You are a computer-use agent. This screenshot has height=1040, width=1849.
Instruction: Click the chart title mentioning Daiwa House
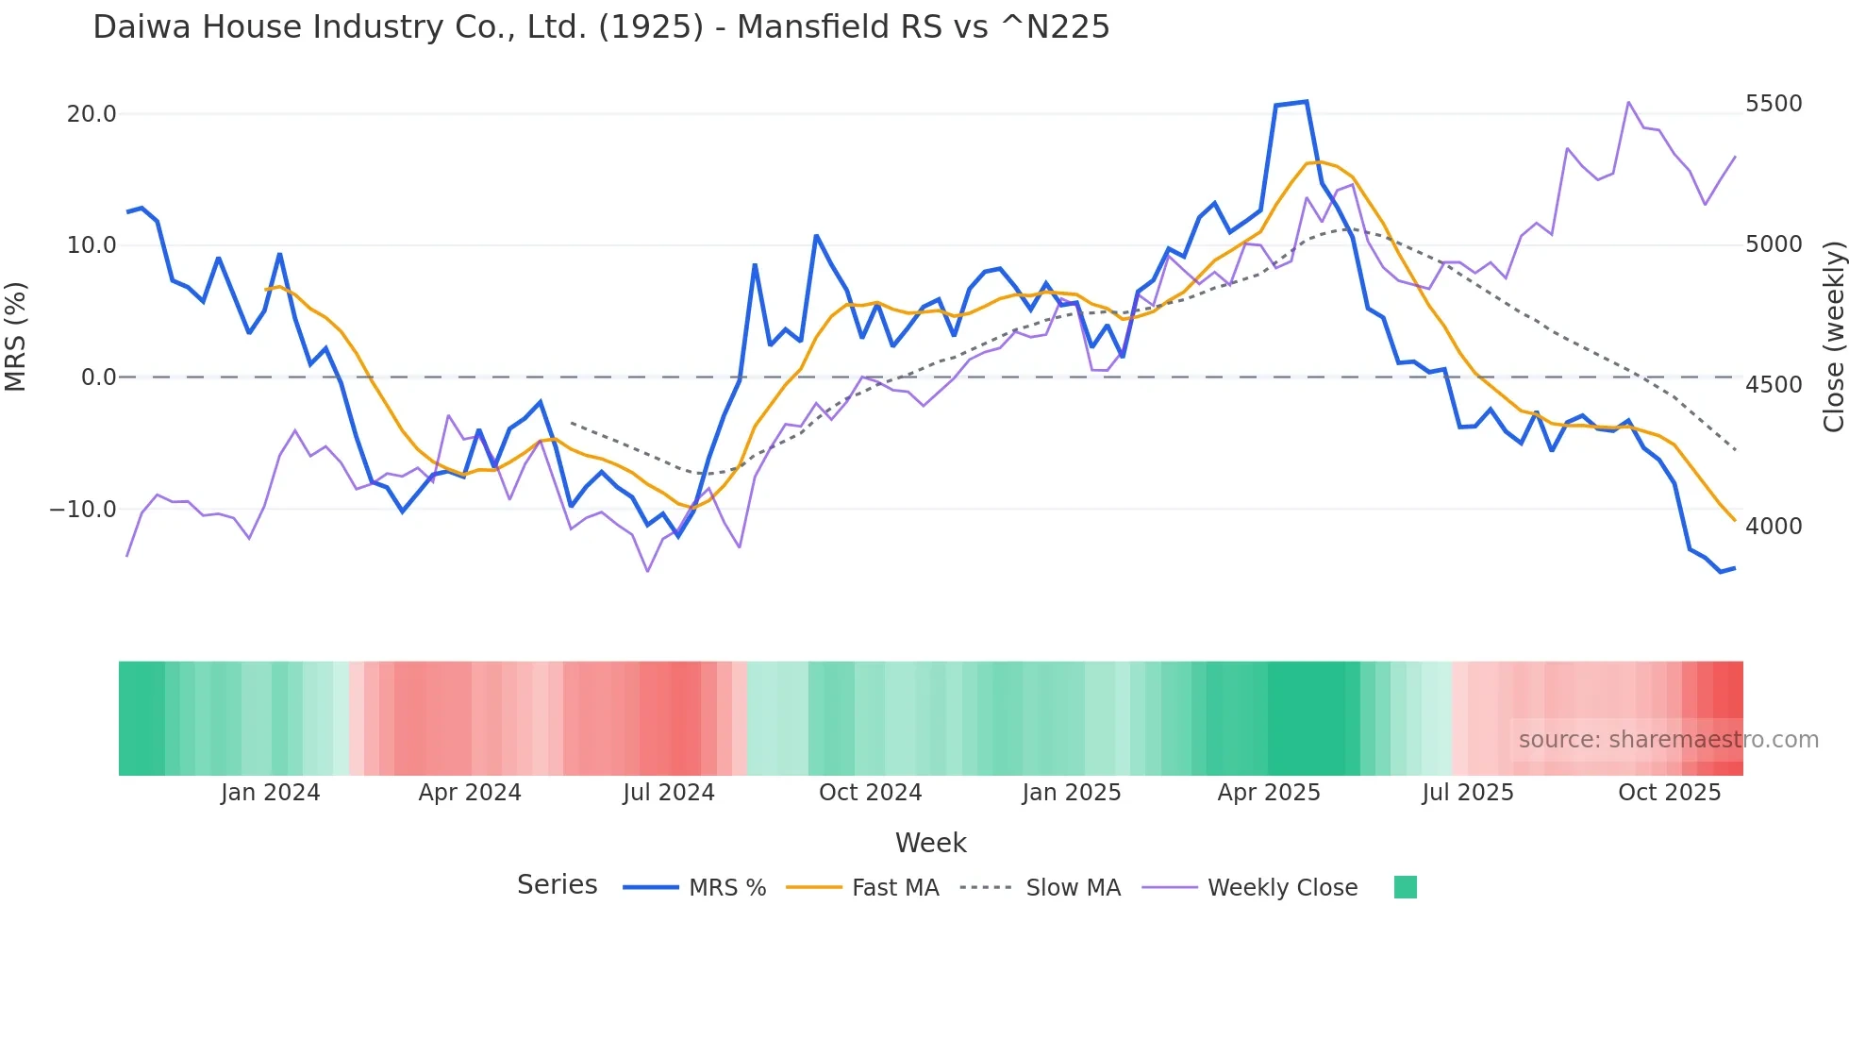click(x=601, y=27)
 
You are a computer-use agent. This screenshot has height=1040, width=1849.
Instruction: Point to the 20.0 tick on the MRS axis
click(x=92, y=114)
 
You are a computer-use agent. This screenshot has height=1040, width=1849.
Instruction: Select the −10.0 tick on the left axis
click(x=83, y=510)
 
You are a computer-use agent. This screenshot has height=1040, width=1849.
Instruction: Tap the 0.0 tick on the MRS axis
click(x=98, y=377)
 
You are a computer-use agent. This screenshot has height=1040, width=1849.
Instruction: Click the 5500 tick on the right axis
click(x=1774, y=104)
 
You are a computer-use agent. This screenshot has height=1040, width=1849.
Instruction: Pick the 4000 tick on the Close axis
click(x=1774, y=527)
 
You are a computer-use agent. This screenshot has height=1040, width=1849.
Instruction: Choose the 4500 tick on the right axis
click(x=1774, y=385)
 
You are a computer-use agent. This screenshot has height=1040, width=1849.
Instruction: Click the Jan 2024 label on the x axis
click(x=271, y=793)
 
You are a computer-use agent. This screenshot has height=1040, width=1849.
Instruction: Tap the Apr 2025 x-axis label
click(x=1269, y=793)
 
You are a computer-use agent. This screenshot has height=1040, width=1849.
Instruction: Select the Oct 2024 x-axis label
click(x=870, y=793)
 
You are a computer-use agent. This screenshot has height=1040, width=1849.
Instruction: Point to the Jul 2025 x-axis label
click(x=1468, y=793)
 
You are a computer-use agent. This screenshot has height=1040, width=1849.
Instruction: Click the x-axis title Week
click(x=930, y=843)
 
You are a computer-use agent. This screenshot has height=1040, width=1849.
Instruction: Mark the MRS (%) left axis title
click(x=16, y=336)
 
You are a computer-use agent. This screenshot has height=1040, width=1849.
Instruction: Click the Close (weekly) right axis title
click(x=1833, y=336)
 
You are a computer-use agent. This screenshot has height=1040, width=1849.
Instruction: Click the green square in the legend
click(x=1406, y=888)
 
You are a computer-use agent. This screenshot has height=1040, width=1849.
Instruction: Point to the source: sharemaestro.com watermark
click(x=1668, y=740)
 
